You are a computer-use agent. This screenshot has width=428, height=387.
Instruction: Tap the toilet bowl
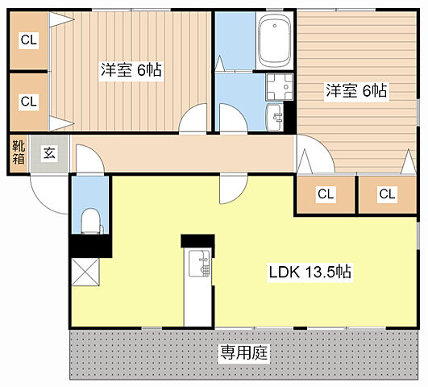[x=90, y=218]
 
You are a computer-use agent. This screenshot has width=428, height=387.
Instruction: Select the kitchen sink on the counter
[x=198, y=261]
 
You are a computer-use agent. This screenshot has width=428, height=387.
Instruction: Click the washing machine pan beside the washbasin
[x=278, y=87]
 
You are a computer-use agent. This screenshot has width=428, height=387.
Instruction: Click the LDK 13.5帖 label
[x=309, y=272]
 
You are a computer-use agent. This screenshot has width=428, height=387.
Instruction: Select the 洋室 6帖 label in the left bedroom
[x=131, y=70]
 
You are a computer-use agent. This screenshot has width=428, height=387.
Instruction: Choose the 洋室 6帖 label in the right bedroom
[x=356, y=91]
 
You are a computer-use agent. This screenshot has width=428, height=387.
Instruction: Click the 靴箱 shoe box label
[x=18, y=153]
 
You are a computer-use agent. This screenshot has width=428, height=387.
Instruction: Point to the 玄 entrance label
[x=49, y=153]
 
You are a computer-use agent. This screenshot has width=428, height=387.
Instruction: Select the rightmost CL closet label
[x=387, y=193]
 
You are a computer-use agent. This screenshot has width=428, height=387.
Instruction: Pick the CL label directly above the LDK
[x=325, y=193]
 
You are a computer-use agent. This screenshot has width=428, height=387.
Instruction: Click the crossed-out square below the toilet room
[x=85, y=273]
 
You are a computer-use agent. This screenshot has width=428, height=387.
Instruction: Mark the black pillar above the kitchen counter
[x=197, y=241]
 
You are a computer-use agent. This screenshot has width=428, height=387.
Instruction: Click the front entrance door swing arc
[x=48, y=193]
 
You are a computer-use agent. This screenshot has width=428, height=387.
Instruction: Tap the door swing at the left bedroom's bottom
[x=193, y=120]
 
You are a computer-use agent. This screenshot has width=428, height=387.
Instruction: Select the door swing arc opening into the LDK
[x=231, y=190]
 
